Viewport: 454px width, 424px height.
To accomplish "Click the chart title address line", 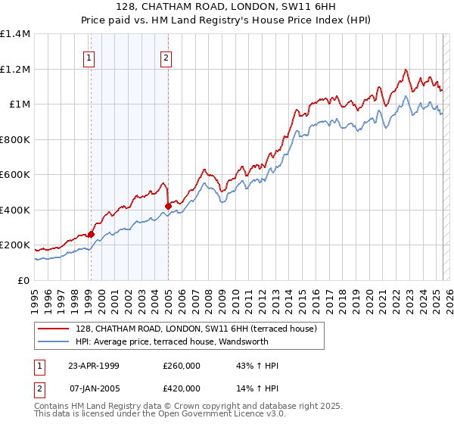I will point(226,5).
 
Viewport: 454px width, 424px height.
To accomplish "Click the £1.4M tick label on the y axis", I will point(15,34).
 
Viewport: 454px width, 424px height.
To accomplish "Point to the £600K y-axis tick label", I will point(14,175).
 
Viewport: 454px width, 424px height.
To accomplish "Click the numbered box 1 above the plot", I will point(89,58).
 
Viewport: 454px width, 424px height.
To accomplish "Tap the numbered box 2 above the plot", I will point(166,58).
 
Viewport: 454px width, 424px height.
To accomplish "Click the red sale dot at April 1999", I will point(91,235).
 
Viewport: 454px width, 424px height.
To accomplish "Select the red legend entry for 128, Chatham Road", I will point(200,328).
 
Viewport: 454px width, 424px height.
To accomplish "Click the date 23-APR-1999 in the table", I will point(94,366).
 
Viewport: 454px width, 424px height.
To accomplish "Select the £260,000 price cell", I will point(182,366).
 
